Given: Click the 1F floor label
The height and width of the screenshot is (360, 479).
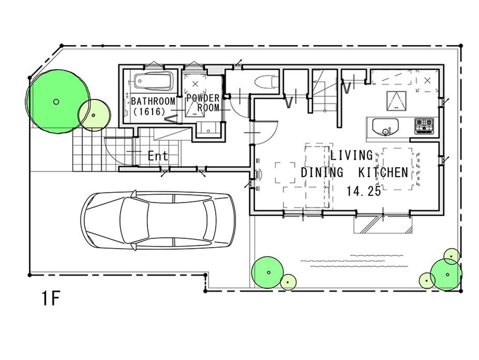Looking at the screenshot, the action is coord(50,298).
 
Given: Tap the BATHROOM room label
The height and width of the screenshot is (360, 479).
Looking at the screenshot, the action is coord(153,101).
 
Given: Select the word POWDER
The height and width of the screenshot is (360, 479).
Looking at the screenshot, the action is coord(203,98).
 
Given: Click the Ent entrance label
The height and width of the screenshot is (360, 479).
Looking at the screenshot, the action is coord(157,156).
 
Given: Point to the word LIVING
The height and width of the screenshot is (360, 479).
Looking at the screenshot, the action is coord(351,155).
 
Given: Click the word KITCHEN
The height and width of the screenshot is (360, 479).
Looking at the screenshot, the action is coord(383,173).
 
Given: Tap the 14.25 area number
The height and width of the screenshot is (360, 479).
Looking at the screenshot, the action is coord(364,191).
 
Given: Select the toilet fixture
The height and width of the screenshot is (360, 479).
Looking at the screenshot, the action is coord(266,82).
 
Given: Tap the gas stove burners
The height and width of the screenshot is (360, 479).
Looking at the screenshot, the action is coord(424,126).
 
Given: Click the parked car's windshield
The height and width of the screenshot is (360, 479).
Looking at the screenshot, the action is coord(135,220).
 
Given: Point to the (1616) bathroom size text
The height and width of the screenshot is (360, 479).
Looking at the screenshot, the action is coord(149,112).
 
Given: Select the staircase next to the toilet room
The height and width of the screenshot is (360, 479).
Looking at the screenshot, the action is coord(324,91).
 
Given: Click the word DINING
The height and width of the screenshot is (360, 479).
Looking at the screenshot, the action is coord(322,173).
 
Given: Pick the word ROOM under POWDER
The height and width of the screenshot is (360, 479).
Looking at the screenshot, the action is coord(208,108).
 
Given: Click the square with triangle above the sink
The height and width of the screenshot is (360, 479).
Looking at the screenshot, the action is coord(397,101).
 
